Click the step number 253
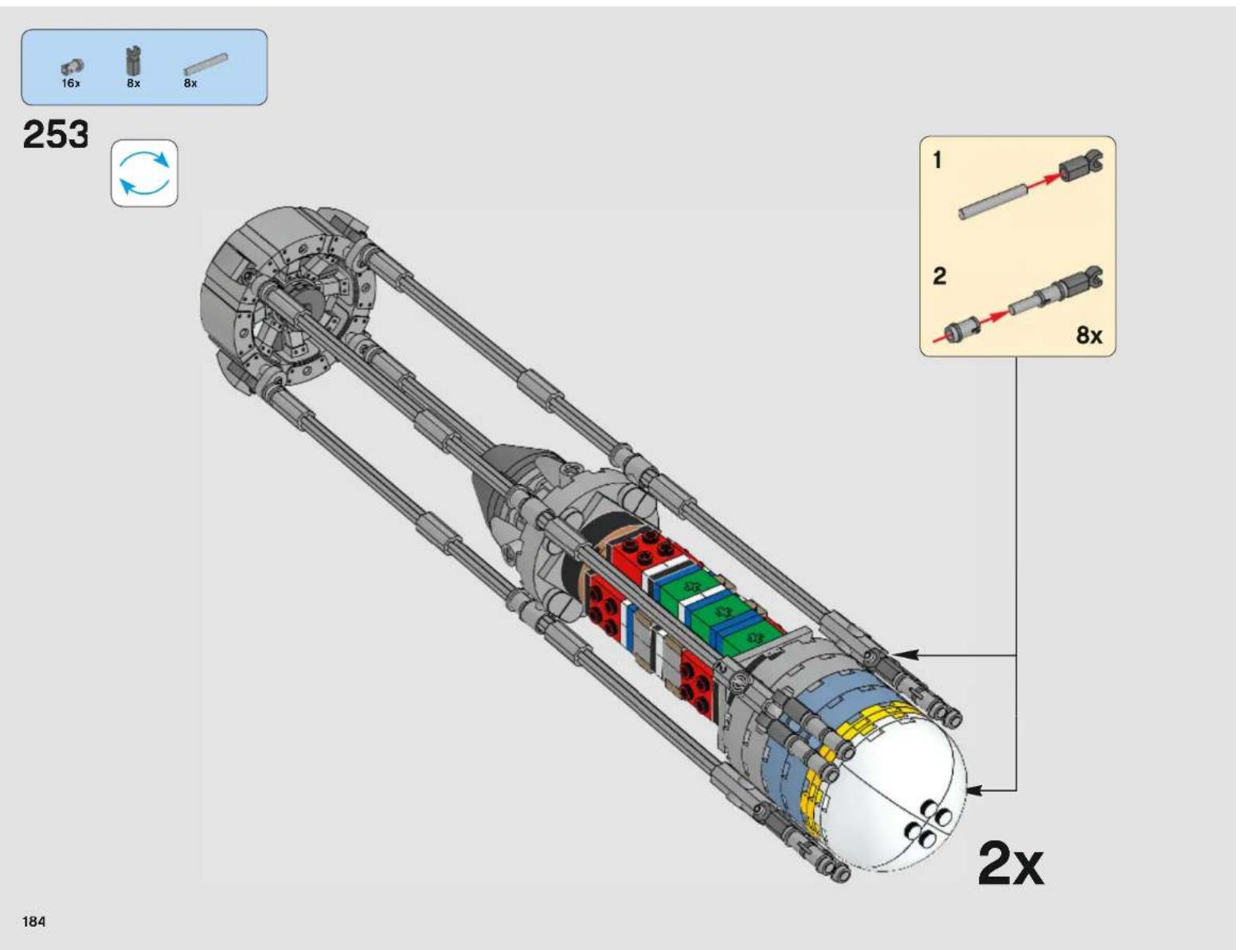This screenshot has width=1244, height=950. click(x=56, y=135)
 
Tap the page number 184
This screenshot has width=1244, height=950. click(x=34, y=921)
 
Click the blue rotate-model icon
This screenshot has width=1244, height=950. click(x=144, y=174)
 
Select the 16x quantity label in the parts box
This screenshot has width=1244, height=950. click(x=71, y=84)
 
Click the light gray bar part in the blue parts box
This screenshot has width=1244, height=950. click(x=205, y=64)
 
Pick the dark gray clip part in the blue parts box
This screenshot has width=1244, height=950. click(x=134, y=61)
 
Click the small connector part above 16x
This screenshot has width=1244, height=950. click(x=72, y=67)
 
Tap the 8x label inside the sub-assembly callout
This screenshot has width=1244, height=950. click(x=1089, y=335)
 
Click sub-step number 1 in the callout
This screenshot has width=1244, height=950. click(x=937, y=160)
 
